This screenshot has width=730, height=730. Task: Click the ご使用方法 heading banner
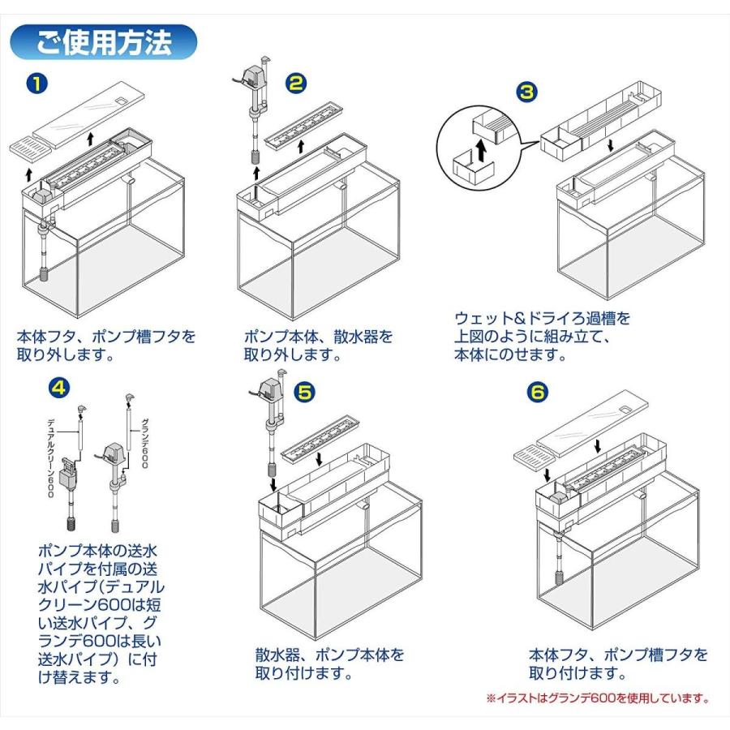103,42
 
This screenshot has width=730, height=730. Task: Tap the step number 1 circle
37,84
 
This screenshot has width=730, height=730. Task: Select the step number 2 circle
296,84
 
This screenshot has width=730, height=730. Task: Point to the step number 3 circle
526,92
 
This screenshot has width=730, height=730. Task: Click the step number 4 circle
59,388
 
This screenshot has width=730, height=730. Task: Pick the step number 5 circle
304,393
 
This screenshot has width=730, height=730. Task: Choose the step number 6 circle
538,392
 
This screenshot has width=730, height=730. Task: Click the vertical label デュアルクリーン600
51,458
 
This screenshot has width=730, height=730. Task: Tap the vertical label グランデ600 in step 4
144,443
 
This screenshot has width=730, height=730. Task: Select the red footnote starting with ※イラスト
598,698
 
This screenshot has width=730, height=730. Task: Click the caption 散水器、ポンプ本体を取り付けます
329,663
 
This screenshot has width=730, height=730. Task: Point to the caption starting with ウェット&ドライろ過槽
542,337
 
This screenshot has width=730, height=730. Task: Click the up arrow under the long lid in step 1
90,139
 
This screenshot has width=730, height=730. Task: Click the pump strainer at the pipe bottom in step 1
45,274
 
